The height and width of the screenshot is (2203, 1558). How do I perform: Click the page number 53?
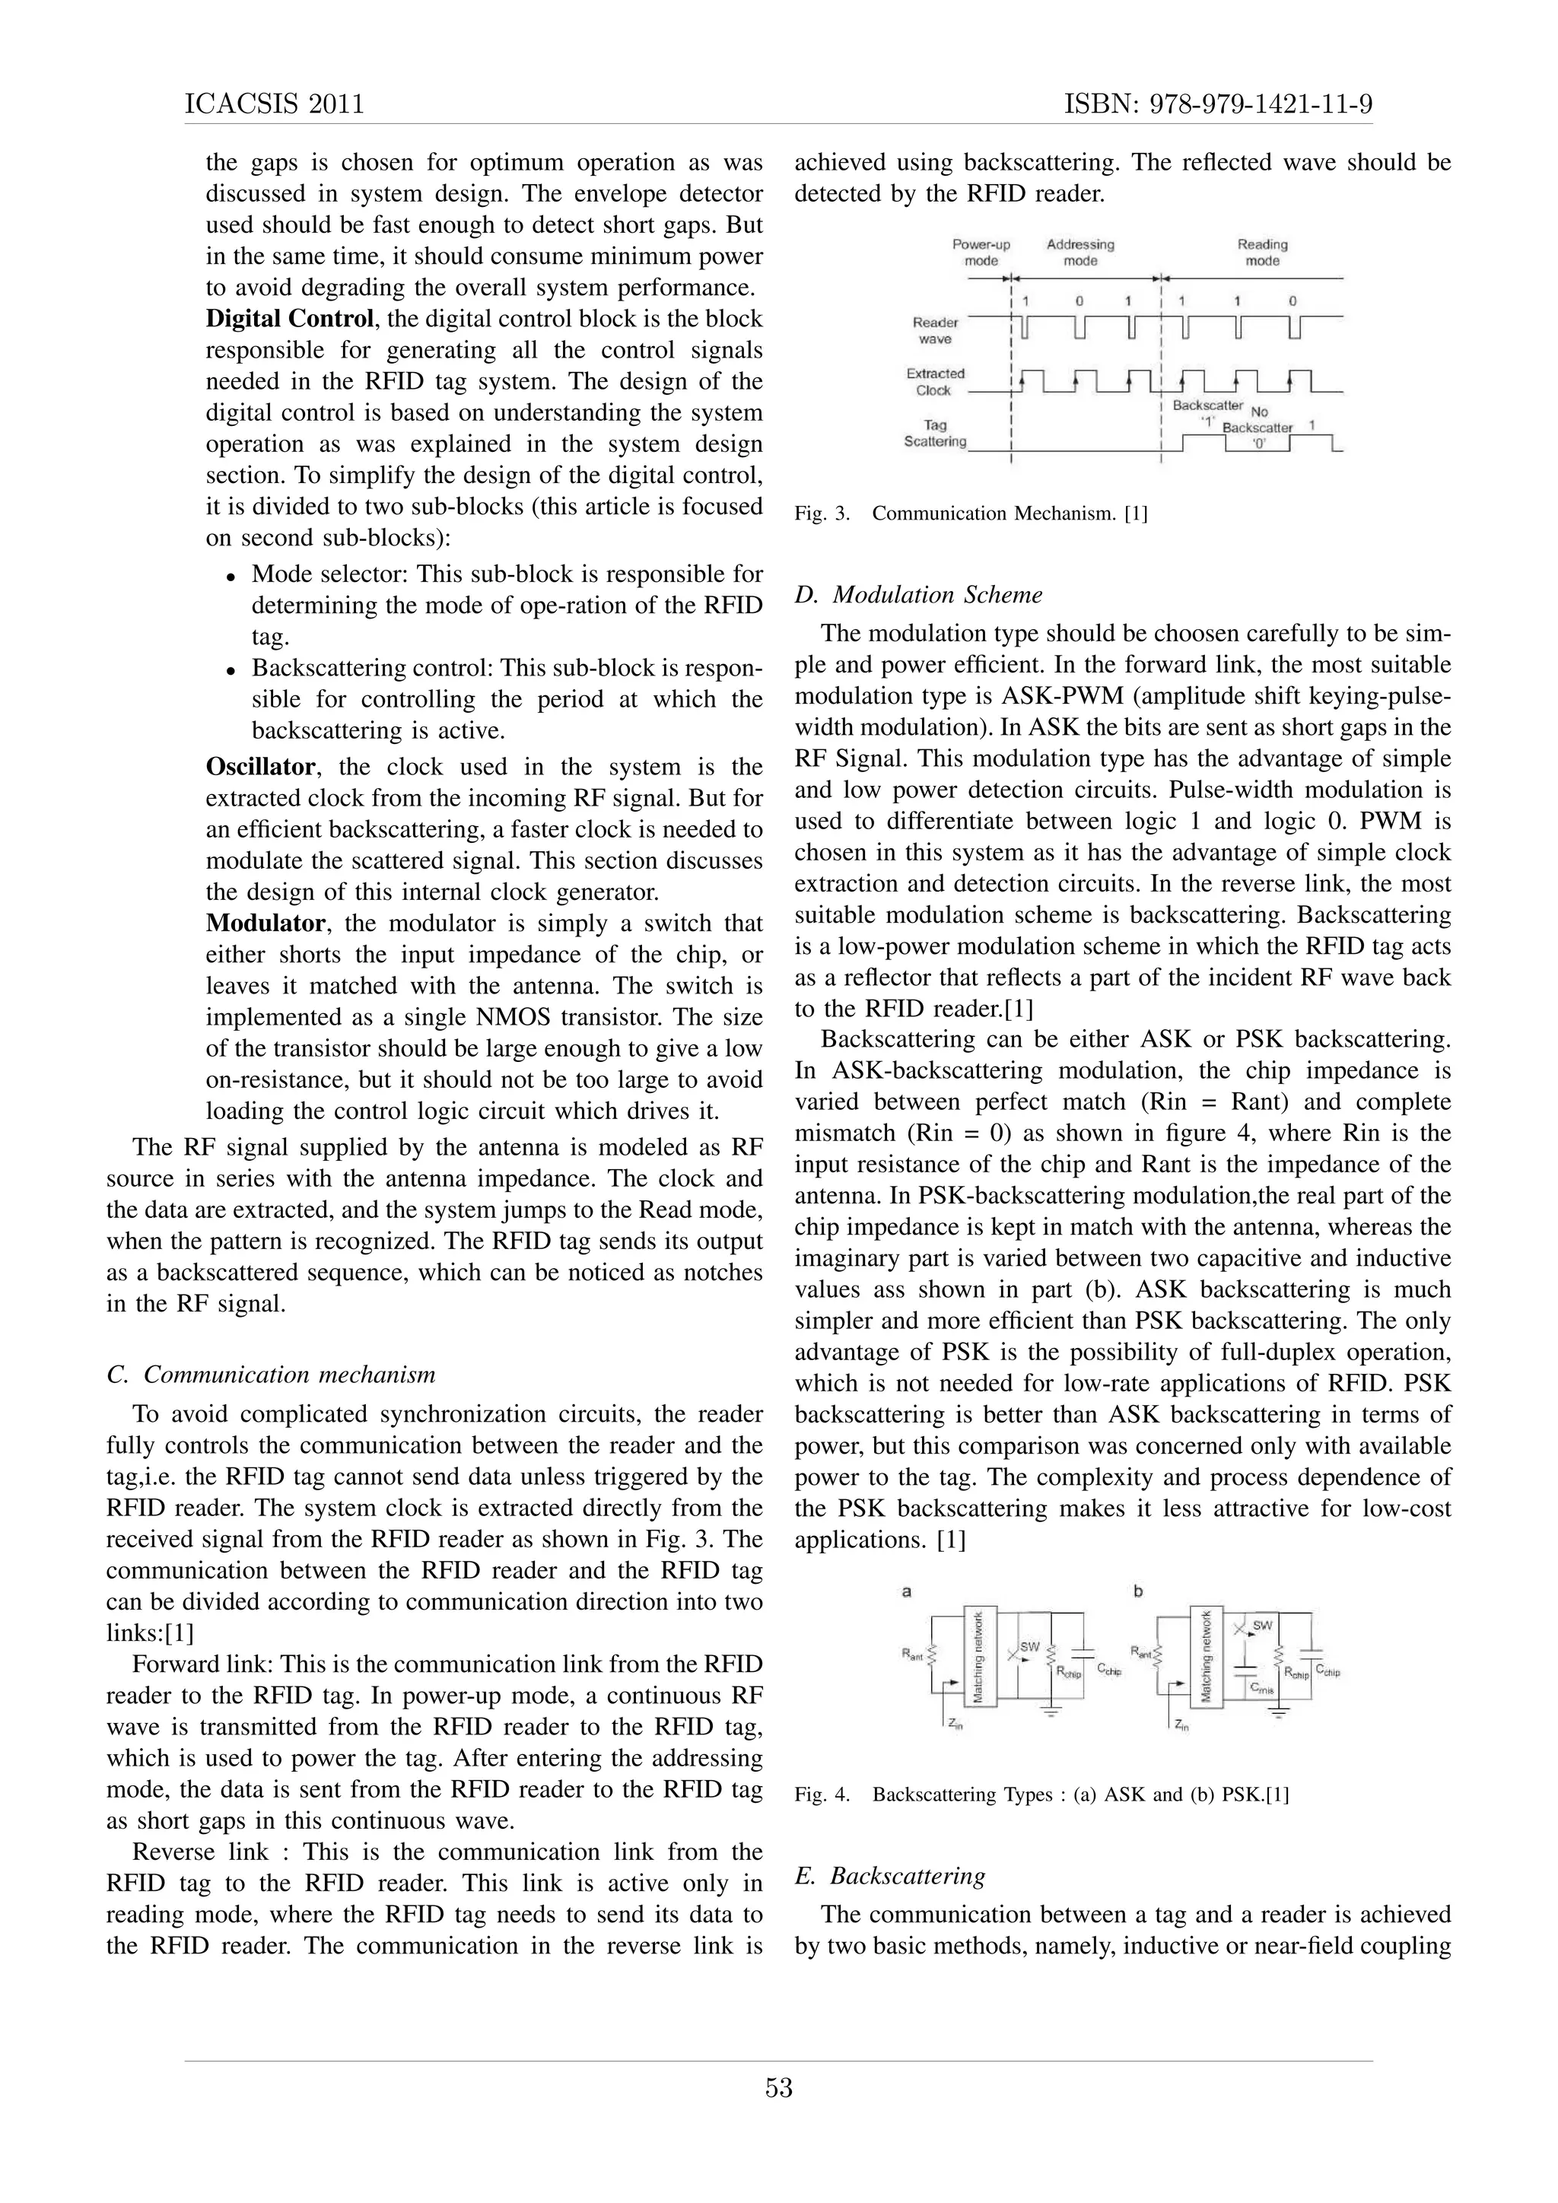coord(778,2087)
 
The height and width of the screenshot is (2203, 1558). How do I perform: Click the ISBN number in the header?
coord(1219,103)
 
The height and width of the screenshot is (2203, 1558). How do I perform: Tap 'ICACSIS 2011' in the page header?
coord(275,103)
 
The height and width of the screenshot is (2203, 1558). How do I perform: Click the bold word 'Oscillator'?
coord(260,767)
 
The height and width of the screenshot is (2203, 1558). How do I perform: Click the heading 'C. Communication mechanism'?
coord(271,1375)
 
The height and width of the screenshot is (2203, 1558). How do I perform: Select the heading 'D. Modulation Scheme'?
coord(918,595)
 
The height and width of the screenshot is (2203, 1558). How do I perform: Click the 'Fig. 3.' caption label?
coord(822,513)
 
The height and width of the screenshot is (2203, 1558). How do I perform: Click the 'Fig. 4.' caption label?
coord(822,1795)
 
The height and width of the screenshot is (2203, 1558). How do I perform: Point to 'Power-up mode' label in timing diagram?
coord(981,253)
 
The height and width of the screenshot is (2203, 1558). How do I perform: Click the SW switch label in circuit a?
coord(1029,1646)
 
